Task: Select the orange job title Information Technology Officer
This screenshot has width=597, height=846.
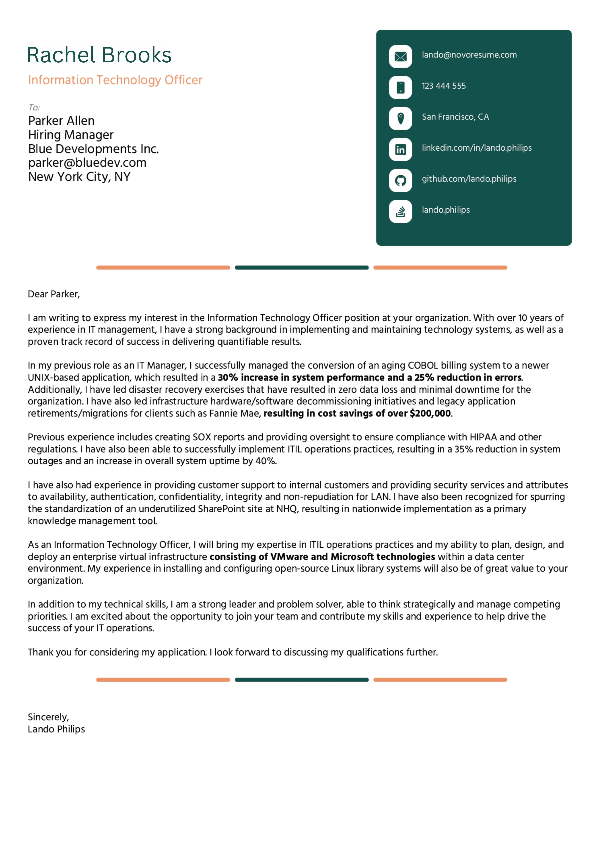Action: [115, 80]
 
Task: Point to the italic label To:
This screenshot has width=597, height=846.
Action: [34, 108]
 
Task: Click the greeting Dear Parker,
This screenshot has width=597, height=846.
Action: [54, 294]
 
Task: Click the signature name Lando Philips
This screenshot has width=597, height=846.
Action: [56, 729]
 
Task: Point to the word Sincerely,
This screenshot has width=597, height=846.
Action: [48, 717]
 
